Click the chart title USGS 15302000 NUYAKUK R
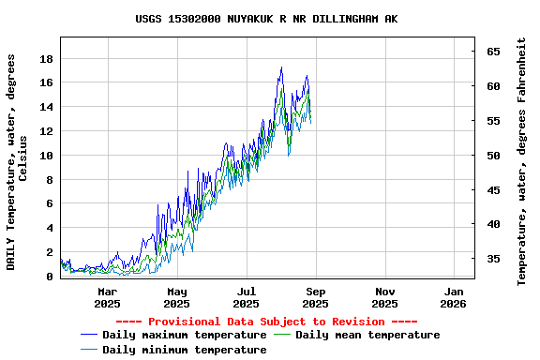point(266,19)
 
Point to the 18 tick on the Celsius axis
point(46,58)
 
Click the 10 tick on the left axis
point(46,156)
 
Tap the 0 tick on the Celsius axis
point(50,277)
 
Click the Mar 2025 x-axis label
point(107,297)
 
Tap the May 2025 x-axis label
point(176,297)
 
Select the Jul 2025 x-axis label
point(246,297)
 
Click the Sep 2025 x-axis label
point(315,297)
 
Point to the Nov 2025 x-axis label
point(384,297)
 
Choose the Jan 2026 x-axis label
point(453,297)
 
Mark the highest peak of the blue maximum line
point(281,67)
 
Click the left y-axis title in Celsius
point(17,161)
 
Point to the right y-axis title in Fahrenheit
point(522,161)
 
